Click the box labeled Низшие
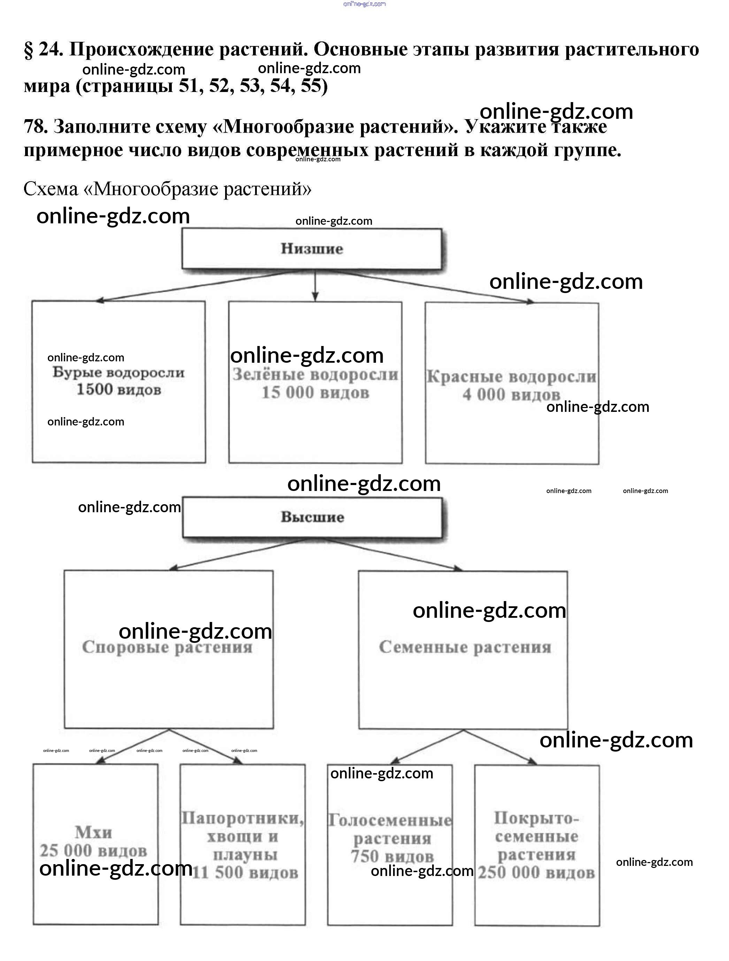(x=312, y=248)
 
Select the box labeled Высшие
(x=312, y=517)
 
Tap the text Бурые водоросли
(x=118, y=373)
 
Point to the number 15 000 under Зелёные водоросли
(x=287, y=393)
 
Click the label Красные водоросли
(x=511, y=377)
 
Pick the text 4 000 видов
(x=511, y=395)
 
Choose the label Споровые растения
(x=167, y=647)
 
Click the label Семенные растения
(x=465, y=647)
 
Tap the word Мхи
(x=93, y=832)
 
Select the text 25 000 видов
(x=93, y=851)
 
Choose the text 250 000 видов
(x=537, y=872)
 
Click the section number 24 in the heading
(x=51, y=49)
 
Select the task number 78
(x=35, y=126)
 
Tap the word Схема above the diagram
(x=51, y=189)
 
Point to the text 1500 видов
(x=118, y=390)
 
